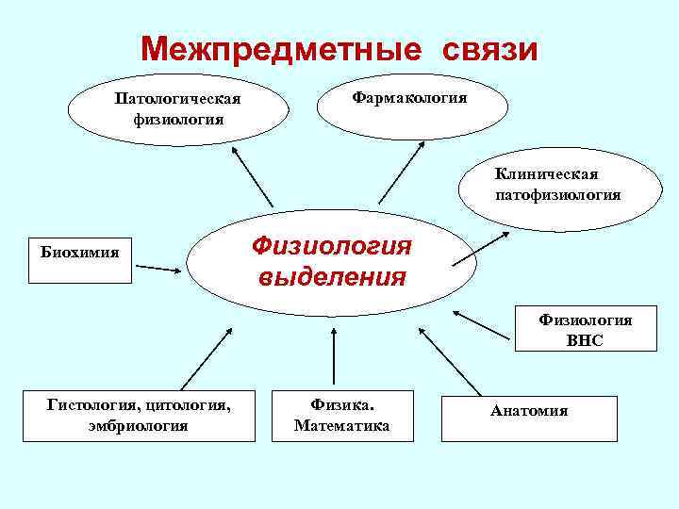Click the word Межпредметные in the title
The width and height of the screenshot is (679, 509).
(x=273, y=49)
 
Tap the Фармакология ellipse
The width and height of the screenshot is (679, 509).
(x=409, y=100)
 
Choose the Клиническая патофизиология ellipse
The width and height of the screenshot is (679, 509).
(x=557, y=185)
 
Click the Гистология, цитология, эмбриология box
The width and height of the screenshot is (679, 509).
(x=139, y=415)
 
